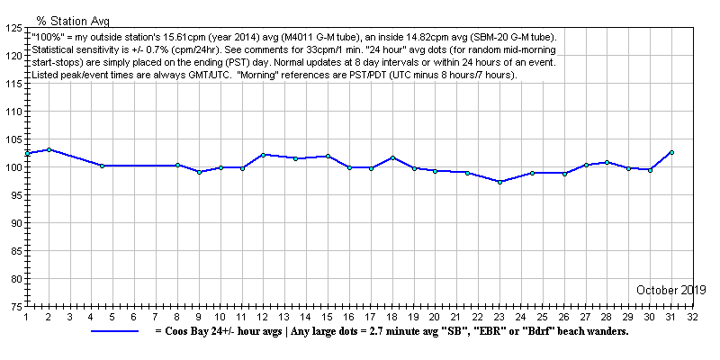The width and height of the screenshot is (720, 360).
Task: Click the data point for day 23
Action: pyautogui.click(x=499, y=182)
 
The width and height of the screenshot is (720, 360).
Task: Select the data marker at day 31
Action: pyautogui.click(x=671, y=152)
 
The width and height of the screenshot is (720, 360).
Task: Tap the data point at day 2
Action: pyautogui.click(x=49, y=149)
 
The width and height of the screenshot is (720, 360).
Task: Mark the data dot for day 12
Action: pyautogui.click(x=263, y=154)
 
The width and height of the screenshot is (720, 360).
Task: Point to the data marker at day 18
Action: pyautogui.click(x=392, y=157)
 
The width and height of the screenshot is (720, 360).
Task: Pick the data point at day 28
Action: pyautogui.click(x=607, y=162)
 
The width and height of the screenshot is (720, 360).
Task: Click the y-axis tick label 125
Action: pyautogui.click(x=13, y=28)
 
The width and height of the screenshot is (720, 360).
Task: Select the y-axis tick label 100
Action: pyautogui.click(x=13, y=167)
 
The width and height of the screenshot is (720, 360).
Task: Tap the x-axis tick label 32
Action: pyautogui.click(x=693, y=317)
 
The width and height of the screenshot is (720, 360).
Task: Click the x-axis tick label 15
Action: pyautogui.click(x=328, y=317)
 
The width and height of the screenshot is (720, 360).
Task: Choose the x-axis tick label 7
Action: pyautogui.click(x=156, y=317)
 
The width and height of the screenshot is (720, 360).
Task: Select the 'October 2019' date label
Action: pyautogui.click(x=670, y=290)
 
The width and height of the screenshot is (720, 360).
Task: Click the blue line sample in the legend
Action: pyautogui.click(x=114, y=331)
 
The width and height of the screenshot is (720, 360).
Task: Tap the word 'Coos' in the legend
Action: pyautogui.click(x=179, y=331)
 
